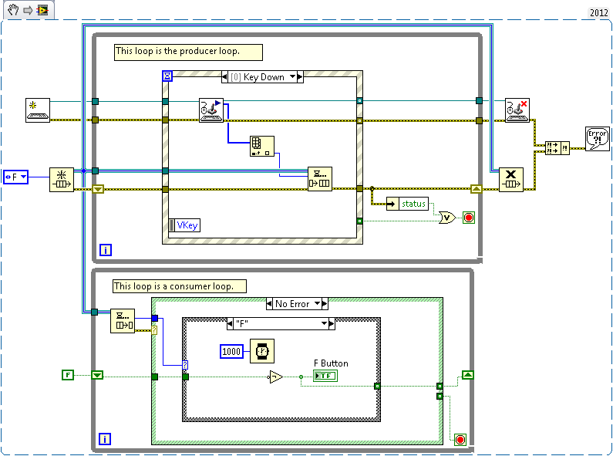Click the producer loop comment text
click(187, 52)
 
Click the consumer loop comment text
click(179, 286)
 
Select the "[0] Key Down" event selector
click(262, 77)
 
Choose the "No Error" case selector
click(297, 304)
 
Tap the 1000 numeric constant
click(232, 351)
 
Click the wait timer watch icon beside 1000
click(261, 351)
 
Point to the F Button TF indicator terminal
click(325, 376)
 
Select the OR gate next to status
click(446, 218)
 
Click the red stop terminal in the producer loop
click(469, 218)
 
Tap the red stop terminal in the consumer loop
click(460, 440)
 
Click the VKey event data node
click(184, 225)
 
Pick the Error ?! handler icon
click(597, 139)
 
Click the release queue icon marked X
click(511, 179)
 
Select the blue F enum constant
click(15, 177)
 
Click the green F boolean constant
click(68, 375)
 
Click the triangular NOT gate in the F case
click(275, 377)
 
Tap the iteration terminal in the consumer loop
click(106, 439)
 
